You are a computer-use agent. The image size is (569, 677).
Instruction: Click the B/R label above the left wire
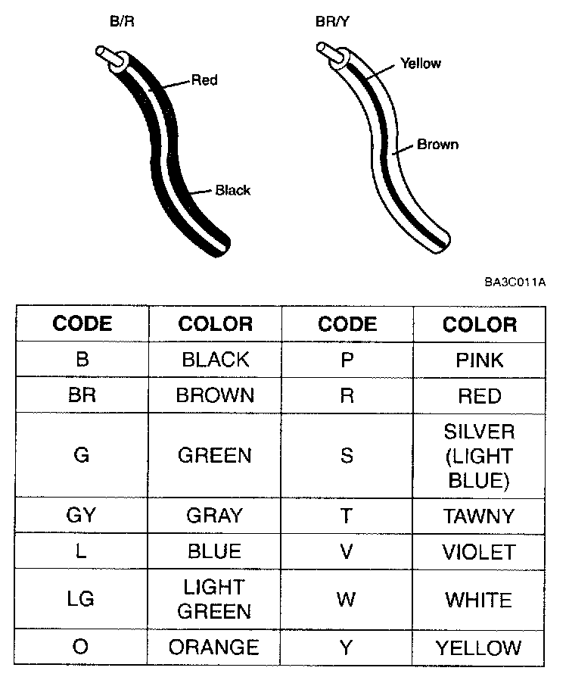click(123, 23)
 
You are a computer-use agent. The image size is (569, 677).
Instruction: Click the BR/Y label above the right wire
click(334, 23)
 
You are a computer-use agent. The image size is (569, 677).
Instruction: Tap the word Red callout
click(204, 80)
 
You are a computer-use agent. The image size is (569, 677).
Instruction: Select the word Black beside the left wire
click(232, 190)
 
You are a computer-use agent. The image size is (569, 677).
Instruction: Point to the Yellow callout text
click(421, 63)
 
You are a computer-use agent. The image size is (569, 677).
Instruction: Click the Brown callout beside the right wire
click(437, 144)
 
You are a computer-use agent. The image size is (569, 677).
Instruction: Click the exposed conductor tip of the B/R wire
click(103, 53)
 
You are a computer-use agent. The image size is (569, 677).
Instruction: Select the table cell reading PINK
click(480, 360)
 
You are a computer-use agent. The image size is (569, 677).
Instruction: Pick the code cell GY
click(81, 516)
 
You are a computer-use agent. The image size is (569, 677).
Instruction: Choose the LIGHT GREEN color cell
click(215, 599)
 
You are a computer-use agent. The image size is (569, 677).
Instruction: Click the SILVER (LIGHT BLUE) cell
click(480, 456)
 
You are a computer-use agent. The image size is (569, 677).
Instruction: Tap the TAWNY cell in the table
click(480, 516)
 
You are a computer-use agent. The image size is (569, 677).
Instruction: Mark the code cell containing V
click(347, 551)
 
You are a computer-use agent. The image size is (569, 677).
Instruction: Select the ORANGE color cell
click(214, 647)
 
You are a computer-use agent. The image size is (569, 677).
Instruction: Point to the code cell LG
click(81, 599)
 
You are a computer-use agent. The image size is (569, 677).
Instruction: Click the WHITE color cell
click(479, 601)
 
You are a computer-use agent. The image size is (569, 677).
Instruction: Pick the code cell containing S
click(347, 456)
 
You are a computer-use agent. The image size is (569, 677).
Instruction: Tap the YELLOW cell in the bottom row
click(479, 648)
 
